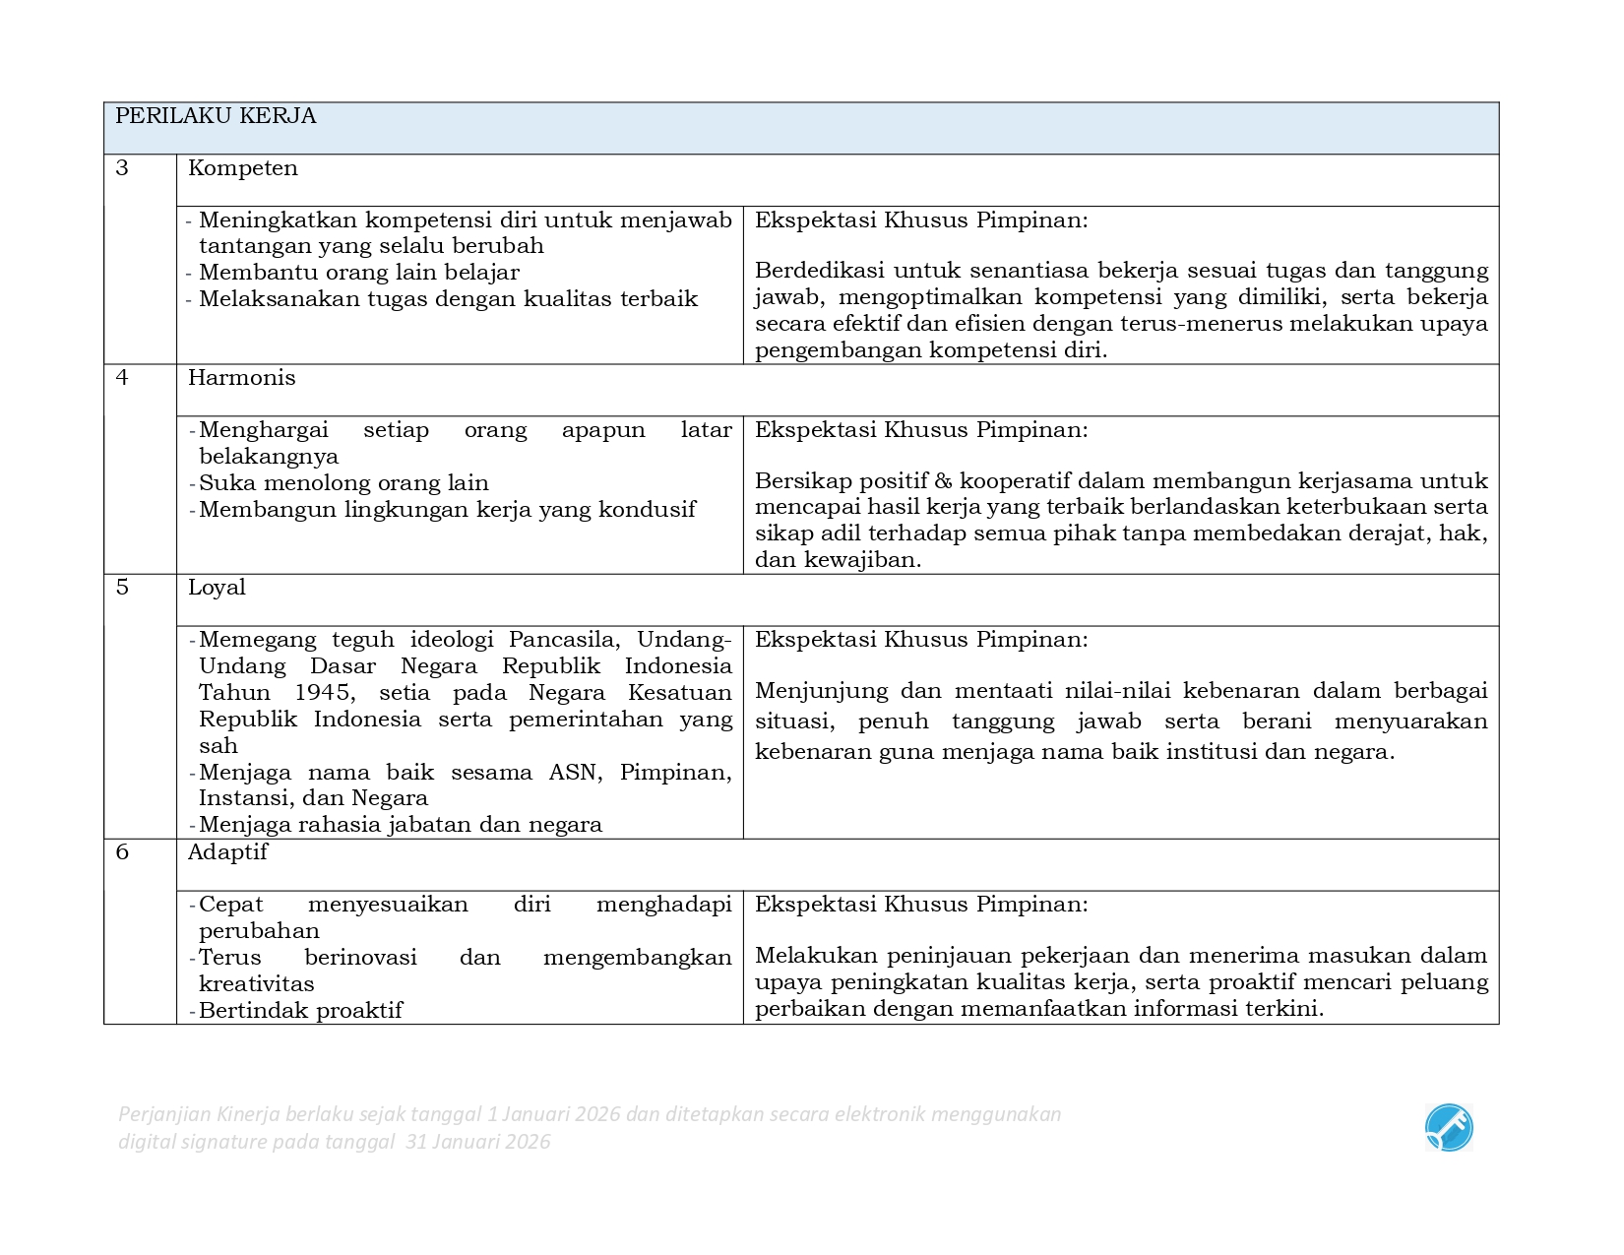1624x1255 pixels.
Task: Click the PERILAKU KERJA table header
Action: (216, 116)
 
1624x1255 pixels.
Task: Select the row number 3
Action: (122, 168)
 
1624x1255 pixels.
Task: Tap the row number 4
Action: (122, 378)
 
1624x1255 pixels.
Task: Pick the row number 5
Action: (122, 588)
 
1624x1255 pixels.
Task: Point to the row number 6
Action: (122, 852)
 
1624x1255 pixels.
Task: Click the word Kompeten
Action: (243, 168)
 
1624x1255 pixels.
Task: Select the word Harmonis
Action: (242, 378)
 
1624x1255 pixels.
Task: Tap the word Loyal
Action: (217, 588)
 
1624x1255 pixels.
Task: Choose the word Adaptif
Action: (227, 852)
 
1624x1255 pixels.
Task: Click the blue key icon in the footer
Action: (1449, 1128)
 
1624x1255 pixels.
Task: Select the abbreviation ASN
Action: (573, 773)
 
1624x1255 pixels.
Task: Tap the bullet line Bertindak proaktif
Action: (300, 1011)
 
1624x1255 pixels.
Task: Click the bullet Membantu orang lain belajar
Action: (358, 273)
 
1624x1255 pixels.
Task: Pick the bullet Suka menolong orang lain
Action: (344, 483)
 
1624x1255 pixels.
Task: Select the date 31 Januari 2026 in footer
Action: (478, 1142)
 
